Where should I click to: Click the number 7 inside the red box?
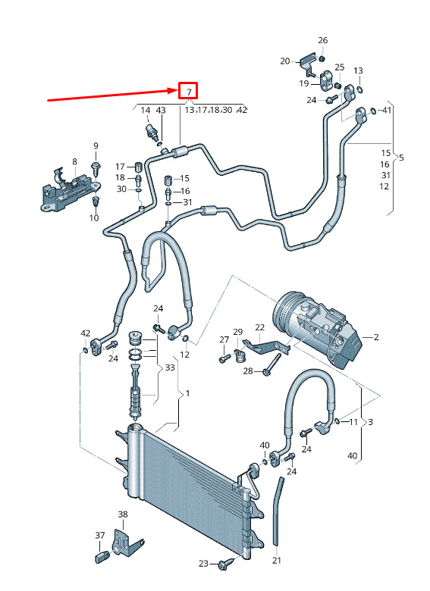pos(190,92)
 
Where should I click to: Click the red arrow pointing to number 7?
pos(112,95)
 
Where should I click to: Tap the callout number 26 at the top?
pos(323,40)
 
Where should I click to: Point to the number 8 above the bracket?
pos(74,161)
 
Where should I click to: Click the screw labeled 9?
pos(96,168)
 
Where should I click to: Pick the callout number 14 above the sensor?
pos(145,111)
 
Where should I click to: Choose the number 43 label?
pos(161,111)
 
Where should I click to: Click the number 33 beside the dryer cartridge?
pos(170,367)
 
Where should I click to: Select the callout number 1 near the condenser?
pos(187,393)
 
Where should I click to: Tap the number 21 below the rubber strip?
pos(277,561)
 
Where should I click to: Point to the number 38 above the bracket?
pos(123,514)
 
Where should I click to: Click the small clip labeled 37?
pos(102,556)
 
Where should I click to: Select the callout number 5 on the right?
pos(401,157)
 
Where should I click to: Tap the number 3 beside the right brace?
pos(370,422)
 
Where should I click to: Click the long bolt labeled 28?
pos(273,364)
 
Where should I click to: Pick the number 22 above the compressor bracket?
pos(260,327)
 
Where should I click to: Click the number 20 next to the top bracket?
pos(285,61)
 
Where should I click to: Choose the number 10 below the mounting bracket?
pos(94,218)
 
